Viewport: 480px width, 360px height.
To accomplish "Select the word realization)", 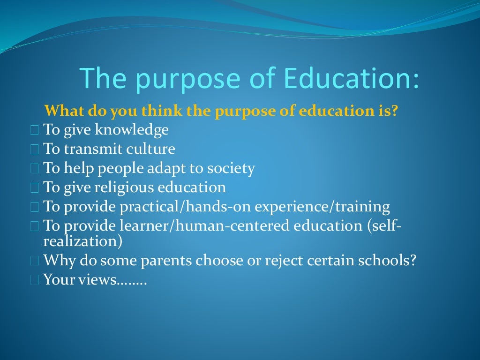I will pos(83,241).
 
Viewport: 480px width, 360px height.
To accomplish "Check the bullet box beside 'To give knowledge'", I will pos(34,131).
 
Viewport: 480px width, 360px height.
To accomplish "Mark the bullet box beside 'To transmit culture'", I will pos(34,150).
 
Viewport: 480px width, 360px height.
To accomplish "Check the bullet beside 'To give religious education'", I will pos(34,188).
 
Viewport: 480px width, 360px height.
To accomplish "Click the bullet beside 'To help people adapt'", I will pos(34,169).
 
